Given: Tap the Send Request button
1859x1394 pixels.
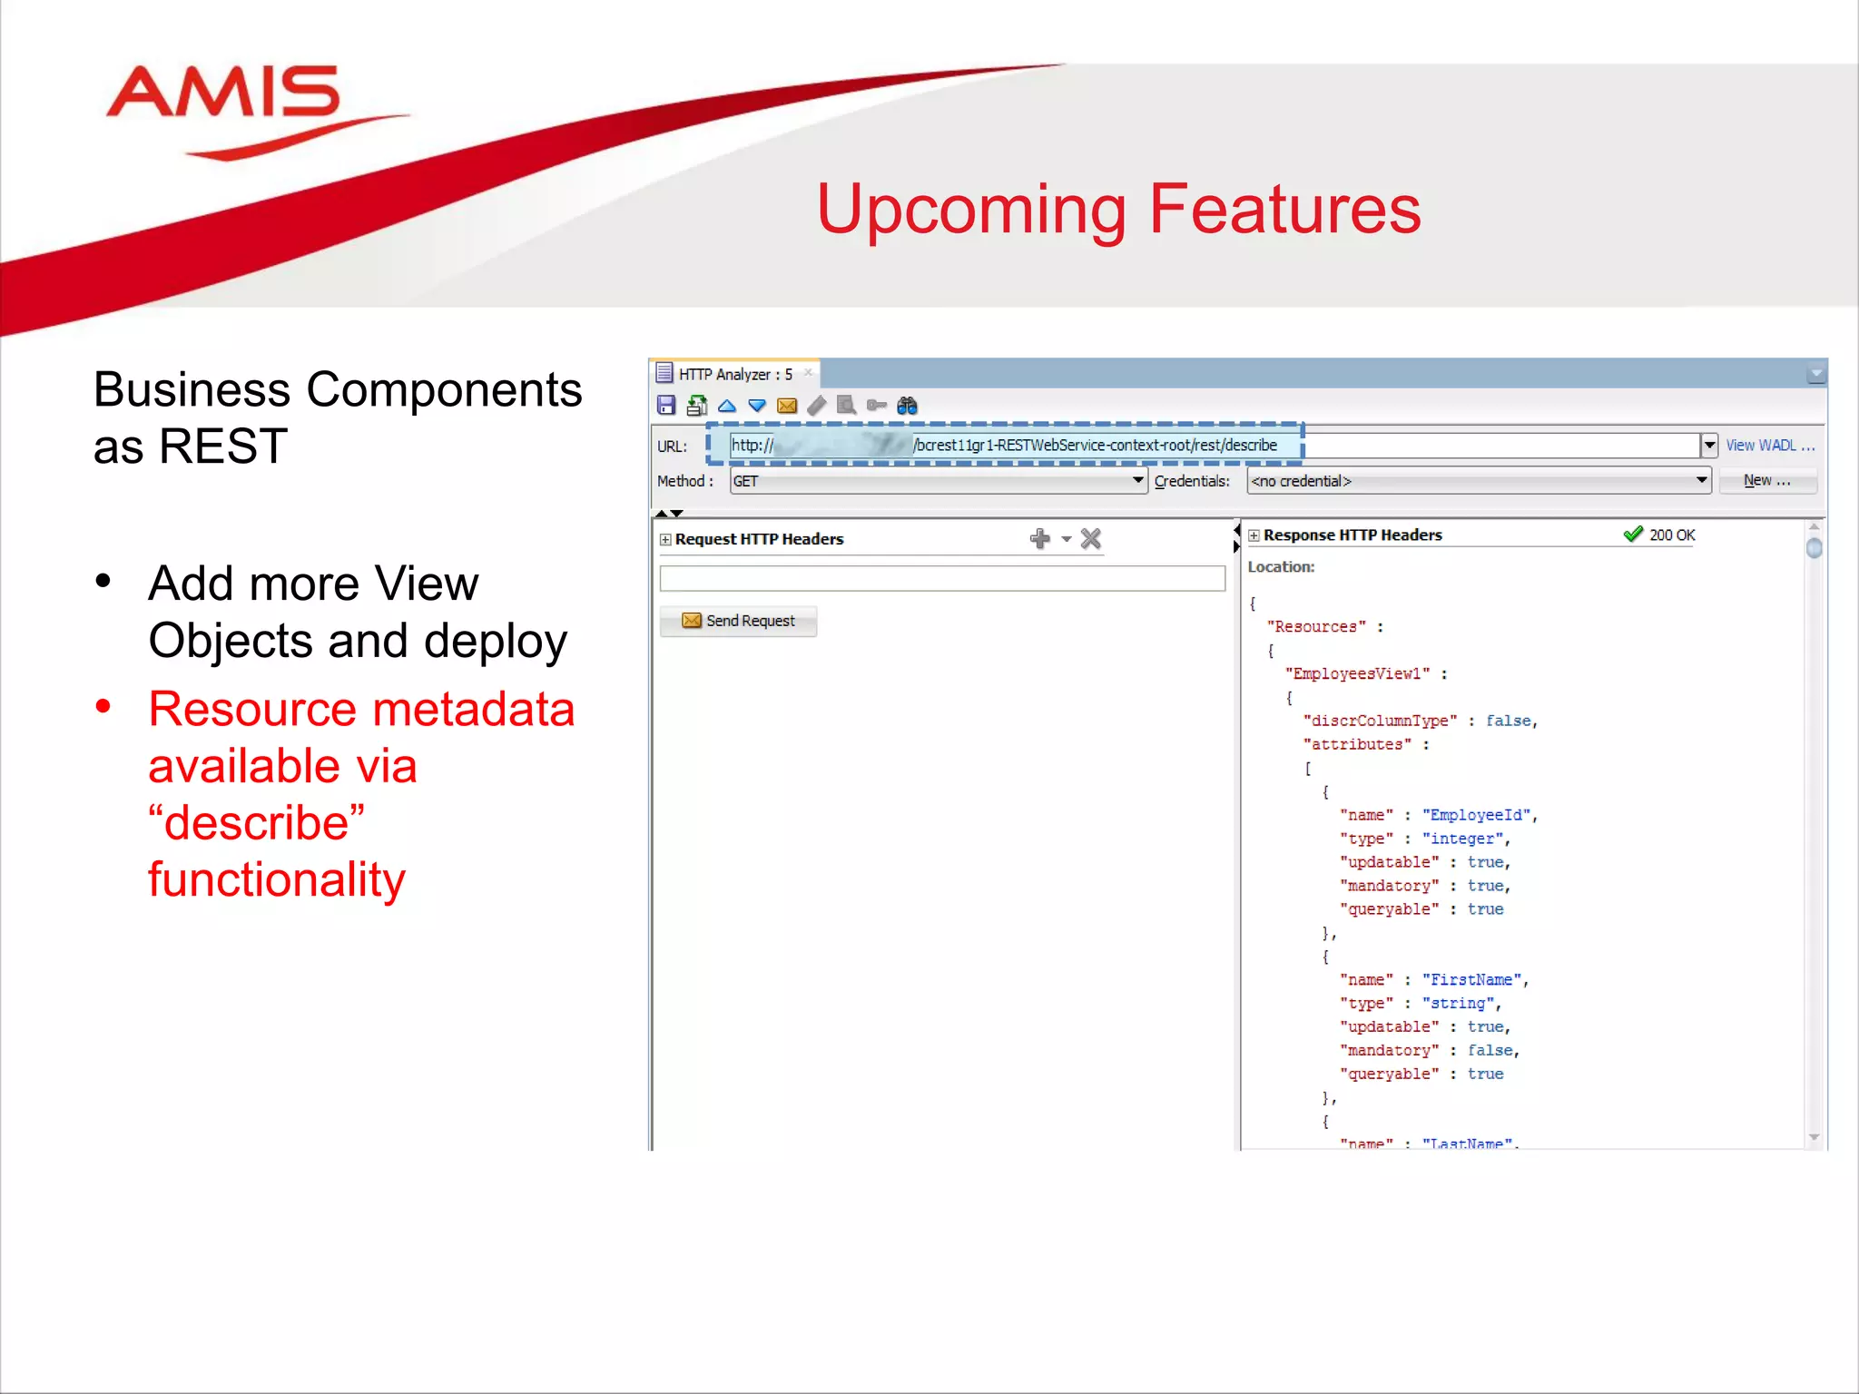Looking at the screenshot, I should point(739,621).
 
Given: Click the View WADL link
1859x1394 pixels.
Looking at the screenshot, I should point(1768,446).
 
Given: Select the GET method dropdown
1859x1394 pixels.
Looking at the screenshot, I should point(938,481).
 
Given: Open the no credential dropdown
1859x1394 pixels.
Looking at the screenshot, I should point(1478,481).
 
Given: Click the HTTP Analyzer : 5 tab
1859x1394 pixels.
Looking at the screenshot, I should point(734,374).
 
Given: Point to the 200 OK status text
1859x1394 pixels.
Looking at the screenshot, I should point(1671,535).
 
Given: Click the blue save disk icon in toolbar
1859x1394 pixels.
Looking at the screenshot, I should point(666,406).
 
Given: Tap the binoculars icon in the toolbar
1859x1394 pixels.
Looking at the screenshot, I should point(907,406).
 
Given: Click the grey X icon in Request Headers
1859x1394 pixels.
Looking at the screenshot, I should point(1091,539).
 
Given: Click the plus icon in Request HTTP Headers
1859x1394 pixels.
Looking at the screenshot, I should point(1040,539).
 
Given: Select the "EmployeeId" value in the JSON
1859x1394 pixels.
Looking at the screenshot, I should point(1476,815).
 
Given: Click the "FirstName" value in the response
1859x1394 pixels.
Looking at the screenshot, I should point(1471,980).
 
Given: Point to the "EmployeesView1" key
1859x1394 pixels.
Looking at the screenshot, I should point(1357,673).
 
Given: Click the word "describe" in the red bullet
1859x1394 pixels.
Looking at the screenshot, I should point(257,823).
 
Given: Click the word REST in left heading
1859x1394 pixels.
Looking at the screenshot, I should point(223,447).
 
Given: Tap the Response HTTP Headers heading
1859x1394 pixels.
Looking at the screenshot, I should point(1352,535).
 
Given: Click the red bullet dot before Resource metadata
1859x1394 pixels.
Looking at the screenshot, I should point(103,706).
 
